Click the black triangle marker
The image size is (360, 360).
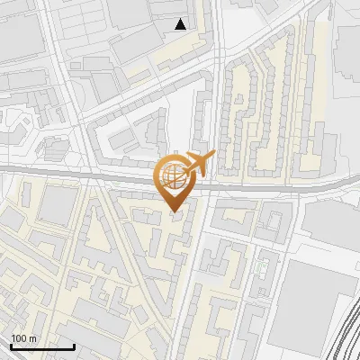click(x=181, y=24)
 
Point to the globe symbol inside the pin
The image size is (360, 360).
click(x=173, y=177)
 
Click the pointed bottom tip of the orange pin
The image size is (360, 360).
click(x=175, y=212)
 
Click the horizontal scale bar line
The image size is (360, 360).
click(x=42, y=346)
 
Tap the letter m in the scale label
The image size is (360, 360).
click(x=32, y=338)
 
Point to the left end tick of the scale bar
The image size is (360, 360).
click(x=11, y=345)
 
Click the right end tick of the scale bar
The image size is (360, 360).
click(x=74, y=345)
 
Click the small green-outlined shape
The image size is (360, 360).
click(x=262, y=266)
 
